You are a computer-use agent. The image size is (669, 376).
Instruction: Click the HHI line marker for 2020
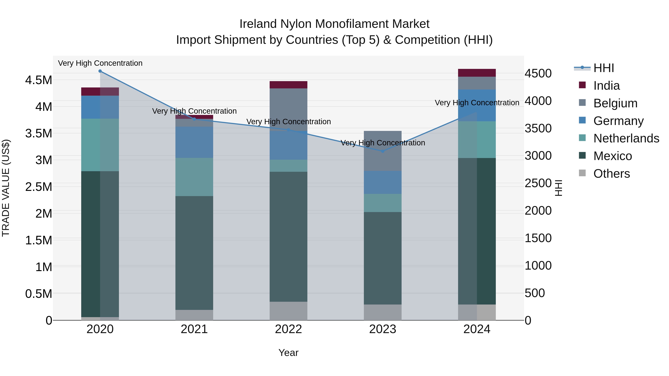[x=100, y=71]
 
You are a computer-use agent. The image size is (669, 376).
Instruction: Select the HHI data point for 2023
[x=383, y=151]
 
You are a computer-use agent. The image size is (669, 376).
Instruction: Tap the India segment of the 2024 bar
[x=477, y=73]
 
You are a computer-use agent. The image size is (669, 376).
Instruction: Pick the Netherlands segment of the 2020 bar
[x=100, y=145]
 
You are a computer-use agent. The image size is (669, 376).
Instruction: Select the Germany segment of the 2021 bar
[x=194, y=142]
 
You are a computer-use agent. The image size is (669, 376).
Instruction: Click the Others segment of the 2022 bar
[x=288, y=311]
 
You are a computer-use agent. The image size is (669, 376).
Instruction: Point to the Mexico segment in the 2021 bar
[x=194, y=253]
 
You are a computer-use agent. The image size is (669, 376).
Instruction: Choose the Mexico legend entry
[x=612, y=156]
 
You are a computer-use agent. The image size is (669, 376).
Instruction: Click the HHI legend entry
[x=604, y=68]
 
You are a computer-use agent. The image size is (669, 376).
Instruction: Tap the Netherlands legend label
[x=626, y=138]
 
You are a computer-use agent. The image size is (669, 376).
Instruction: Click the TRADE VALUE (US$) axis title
[x=6, y=188]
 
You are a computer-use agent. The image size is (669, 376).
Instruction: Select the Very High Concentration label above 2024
[x=477, y=103]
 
